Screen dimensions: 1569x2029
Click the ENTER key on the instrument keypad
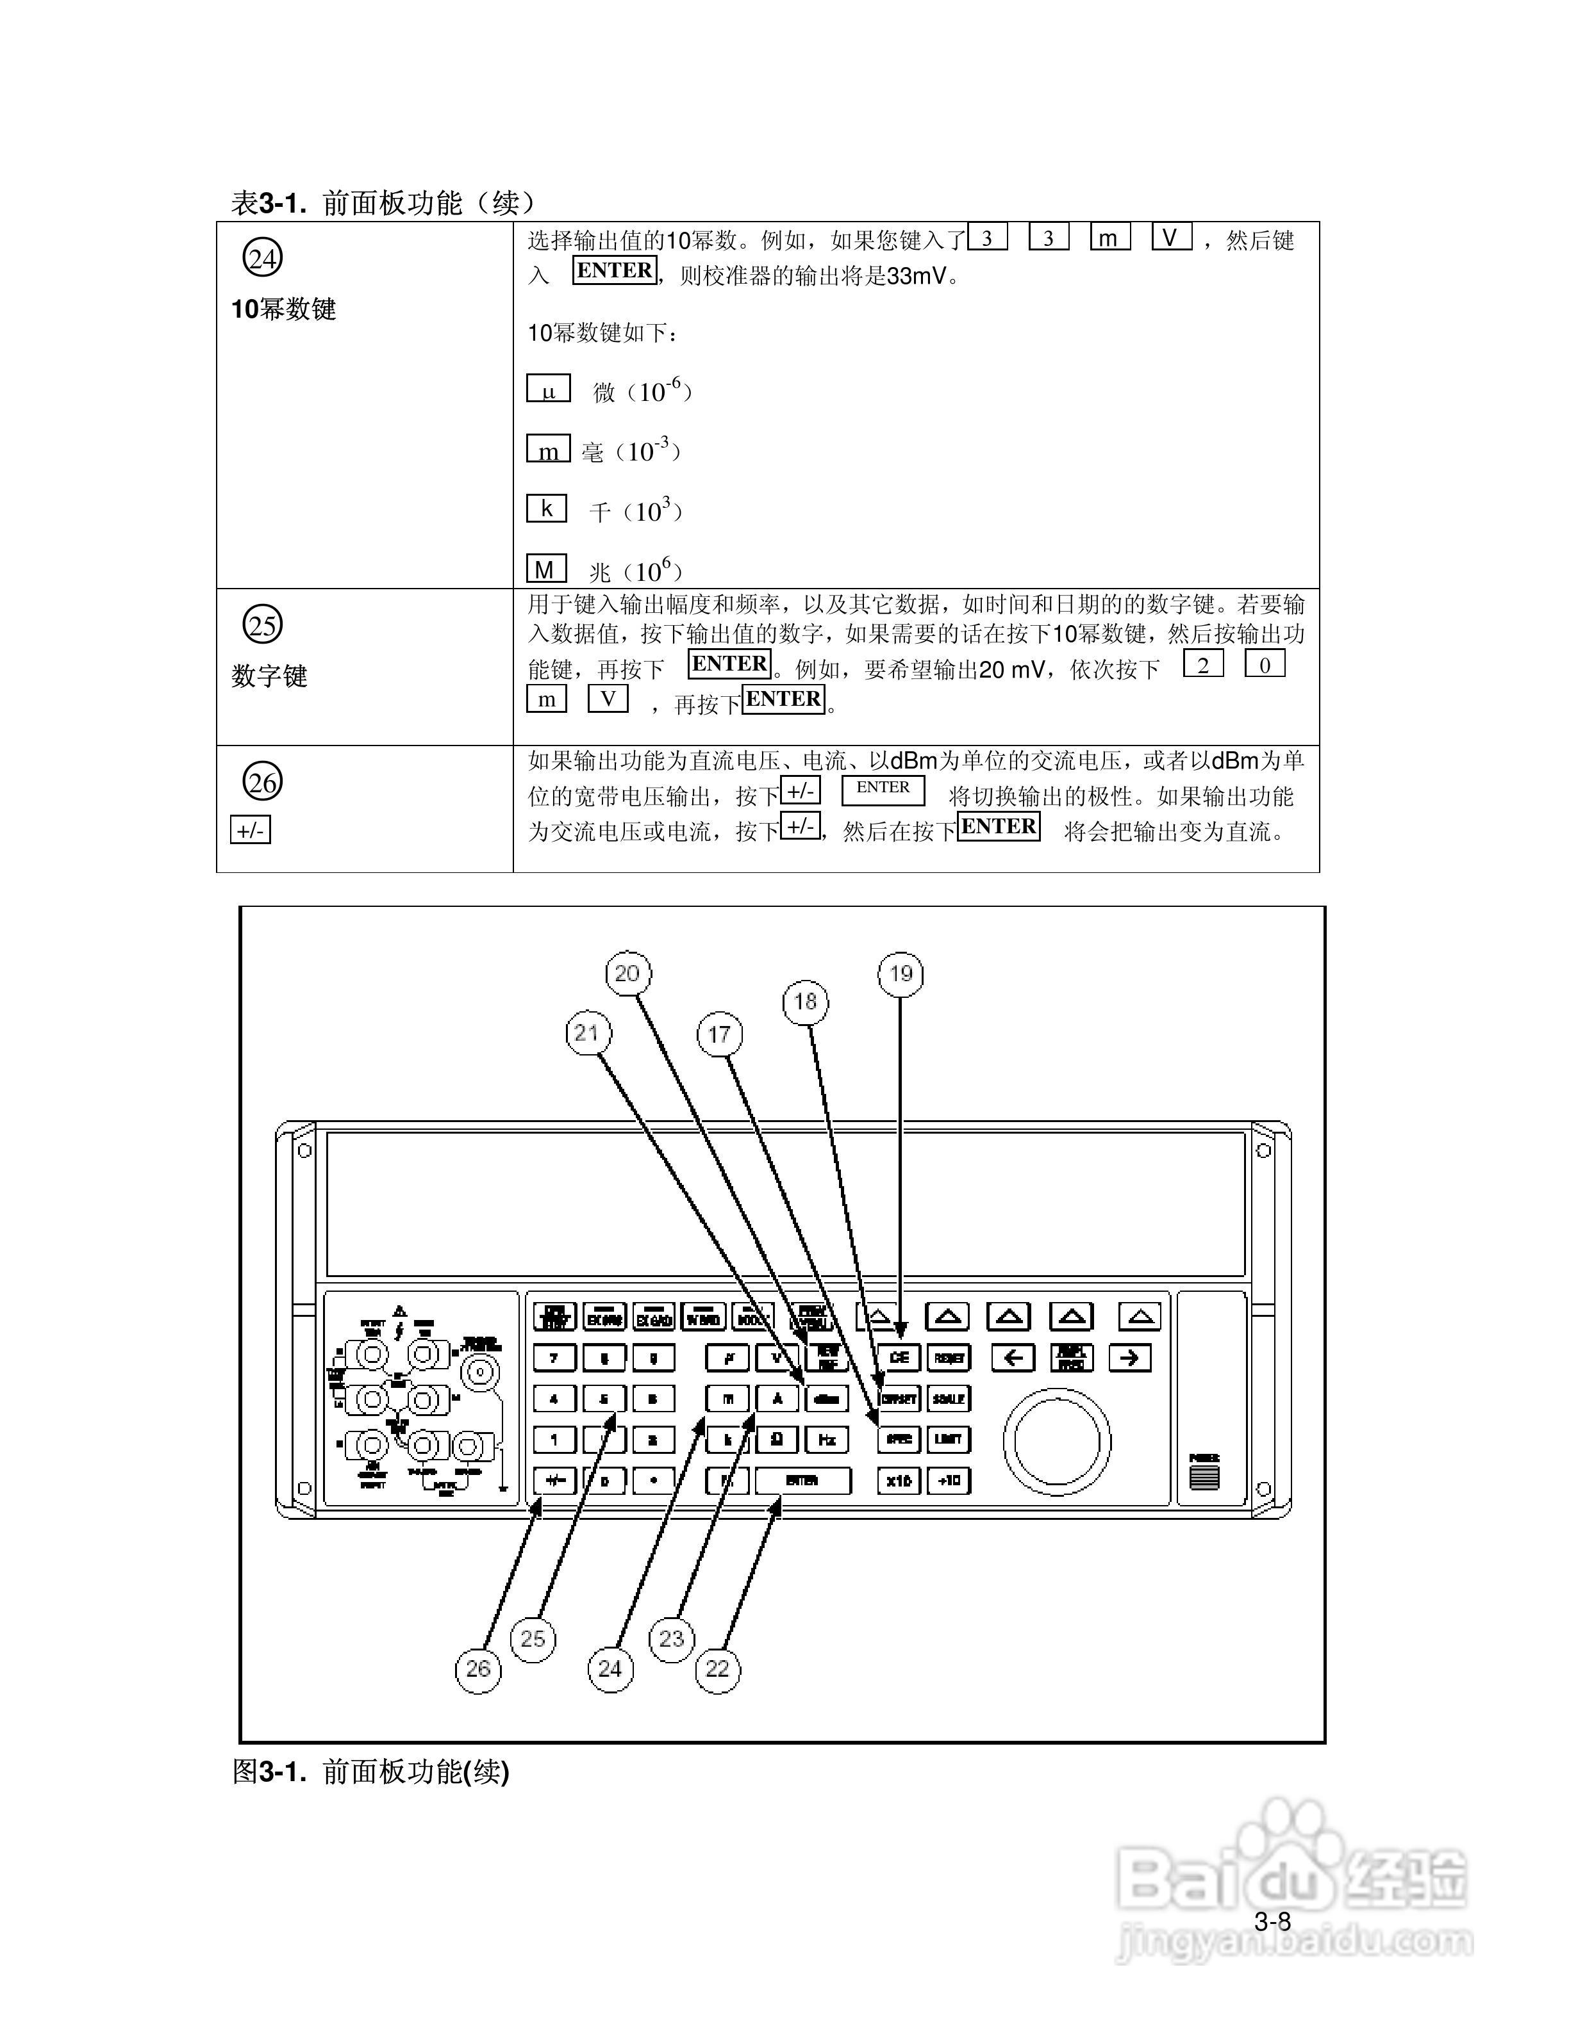tap(802, 1481)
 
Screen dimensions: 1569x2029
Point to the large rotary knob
tap(1057, 1442)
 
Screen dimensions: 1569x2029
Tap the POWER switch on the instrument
tap(1205, 1475)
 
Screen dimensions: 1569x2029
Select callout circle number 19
tap(901, 974)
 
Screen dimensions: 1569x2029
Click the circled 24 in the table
tap(263, 258)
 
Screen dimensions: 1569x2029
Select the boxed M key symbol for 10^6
tap(547, 569)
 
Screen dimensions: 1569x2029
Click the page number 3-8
tap(1272, 1922)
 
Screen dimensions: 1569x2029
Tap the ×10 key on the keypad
tap(899, 1481)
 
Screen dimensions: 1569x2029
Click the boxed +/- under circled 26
tap(250, 831)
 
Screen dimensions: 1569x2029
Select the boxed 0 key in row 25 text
tap(1264, 664)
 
